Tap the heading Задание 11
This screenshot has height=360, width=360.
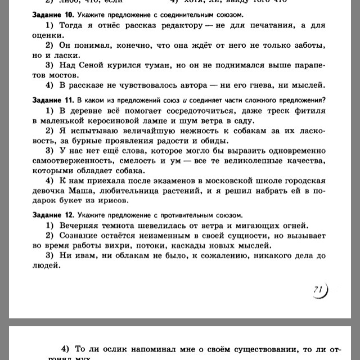pyautogui.click(x=51, y=100)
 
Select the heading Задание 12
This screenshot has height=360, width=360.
pyautogui.click(x=51, y=215)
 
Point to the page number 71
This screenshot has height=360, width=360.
pyautogui.click(x=318, y=290)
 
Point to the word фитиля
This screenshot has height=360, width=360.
pyautogui.click(x=305, y=110)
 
